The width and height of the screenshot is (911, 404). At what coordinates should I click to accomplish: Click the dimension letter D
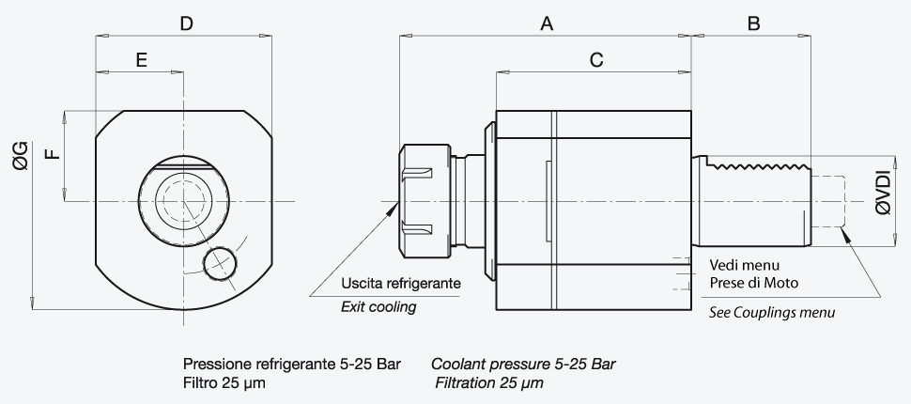pyautogui.click(x=186, y=23)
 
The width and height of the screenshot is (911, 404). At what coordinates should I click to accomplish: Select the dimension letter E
pyautogui.click(x=141, y=60)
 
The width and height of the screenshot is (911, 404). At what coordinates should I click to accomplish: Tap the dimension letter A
pyautogui.click(x=547, y=23)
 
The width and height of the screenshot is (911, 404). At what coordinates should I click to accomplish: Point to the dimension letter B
pyautogui.click(x=753, y=23)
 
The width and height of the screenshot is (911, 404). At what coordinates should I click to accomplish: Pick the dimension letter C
pyautogui.click(x=596, y=60)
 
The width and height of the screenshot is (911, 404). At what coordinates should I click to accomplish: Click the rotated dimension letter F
pyautogui.click(x=53, y=154)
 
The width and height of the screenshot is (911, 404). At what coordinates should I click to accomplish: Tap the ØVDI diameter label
pyautogui.click(x=884, y=193)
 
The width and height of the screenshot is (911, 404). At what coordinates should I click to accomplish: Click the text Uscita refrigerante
pyautogui.click(x=401, y=283)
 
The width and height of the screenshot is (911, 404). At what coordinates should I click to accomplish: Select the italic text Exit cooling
pyautogui.click(x=378, y=306)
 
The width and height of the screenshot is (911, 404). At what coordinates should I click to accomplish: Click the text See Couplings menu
pyautogui.click(x=772, y=312)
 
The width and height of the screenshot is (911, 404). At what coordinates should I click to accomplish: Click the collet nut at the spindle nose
pyautogui.click(x=425, y=201)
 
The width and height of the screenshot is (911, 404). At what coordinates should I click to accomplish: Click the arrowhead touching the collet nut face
pyautogui.click(x=394, y=210)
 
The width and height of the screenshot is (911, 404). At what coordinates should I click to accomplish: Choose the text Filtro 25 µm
pyautogui.click(x=224, y=383)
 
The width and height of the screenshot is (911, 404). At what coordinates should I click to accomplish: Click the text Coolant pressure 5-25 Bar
pyautogui.click(x=523, y=365)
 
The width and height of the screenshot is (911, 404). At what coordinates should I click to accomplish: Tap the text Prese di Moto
pyautogui.click(x=753, y=283)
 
